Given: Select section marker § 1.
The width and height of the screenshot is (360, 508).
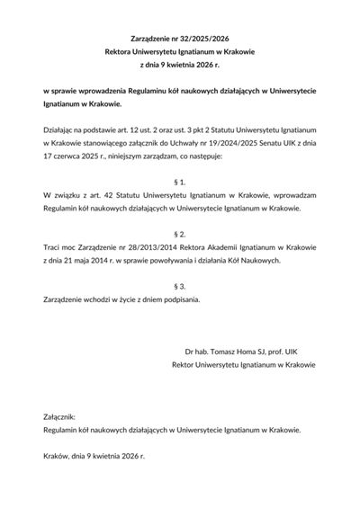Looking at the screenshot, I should (x=180, y=182).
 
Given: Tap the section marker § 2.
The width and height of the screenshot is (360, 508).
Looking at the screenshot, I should (x=180, y=233).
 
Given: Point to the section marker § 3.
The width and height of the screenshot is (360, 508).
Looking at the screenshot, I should (x=180, y=284).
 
